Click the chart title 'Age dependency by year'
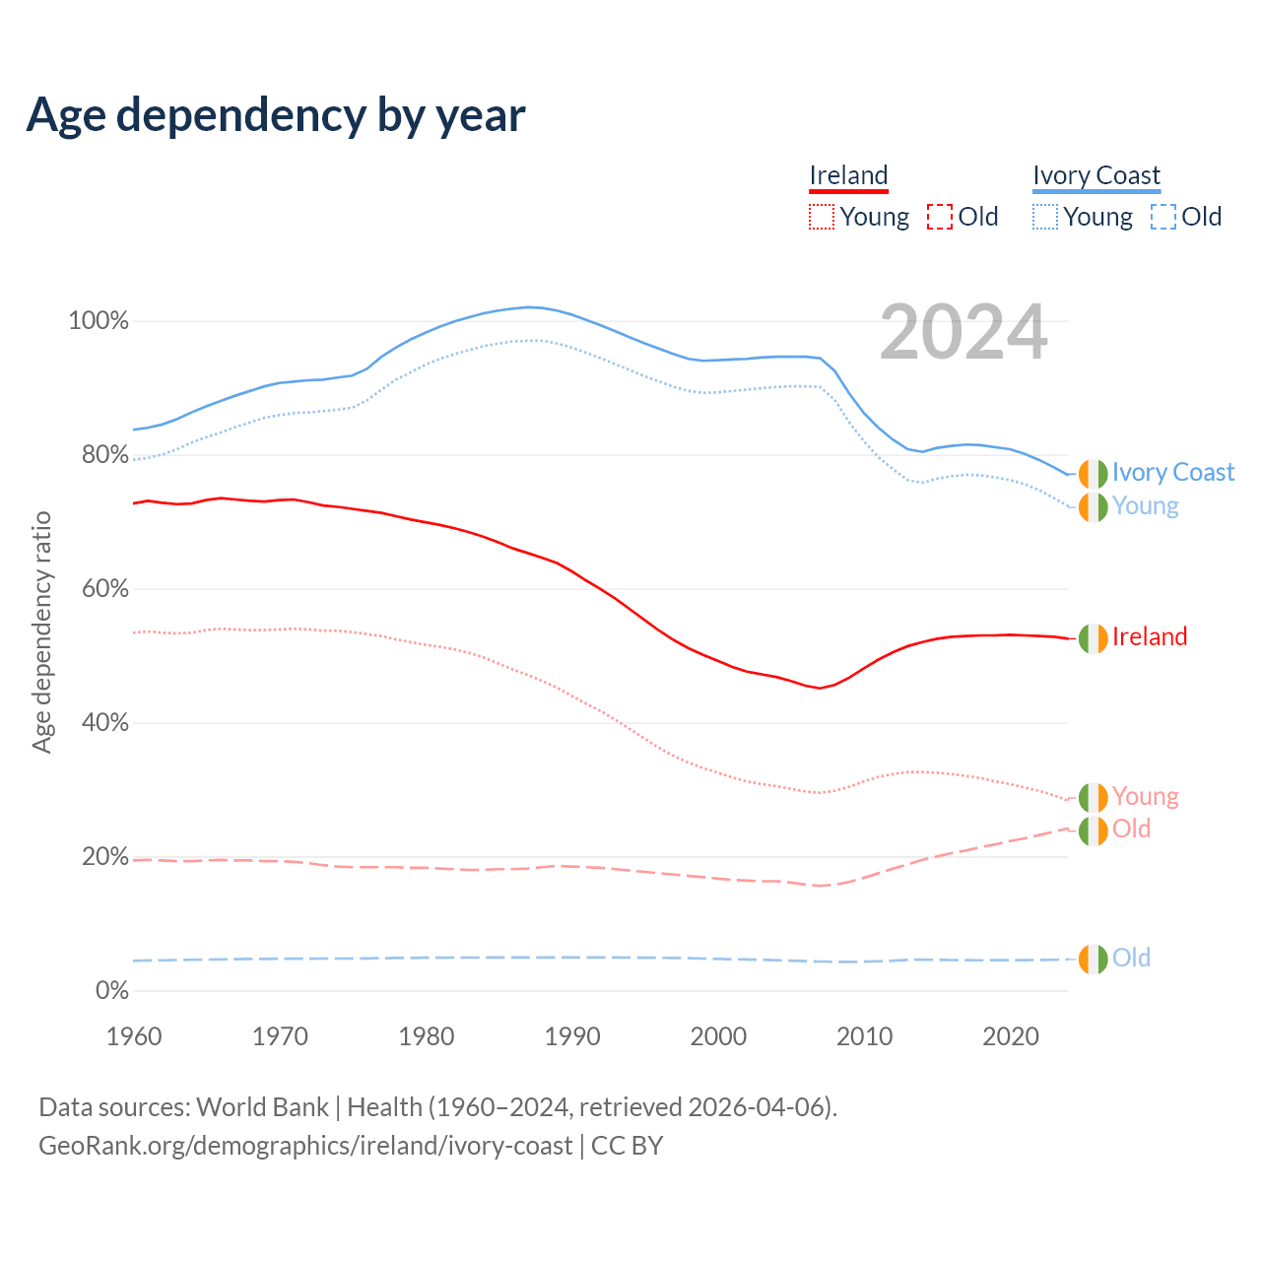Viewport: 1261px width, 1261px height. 276,115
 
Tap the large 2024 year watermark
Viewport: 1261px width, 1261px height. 963,333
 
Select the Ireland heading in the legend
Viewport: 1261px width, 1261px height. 848,175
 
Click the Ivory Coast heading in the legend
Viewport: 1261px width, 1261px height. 1096,175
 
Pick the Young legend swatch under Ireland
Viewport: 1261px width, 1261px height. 822,217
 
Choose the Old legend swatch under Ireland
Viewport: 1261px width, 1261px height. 940,217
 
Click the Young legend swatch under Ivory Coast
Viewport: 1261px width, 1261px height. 1045,217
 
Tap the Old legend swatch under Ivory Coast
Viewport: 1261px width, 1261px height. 1163,217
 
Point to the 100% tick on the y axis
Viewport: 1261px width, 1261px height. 99,321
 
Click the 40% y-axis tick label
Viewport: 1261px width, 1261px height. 104,723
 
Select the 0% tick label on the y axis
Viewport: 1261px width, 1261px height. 111,991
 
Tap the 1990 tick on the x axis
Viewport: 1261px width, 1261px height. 572,1036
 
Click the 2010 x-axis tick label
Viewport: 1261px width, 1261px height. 864,1036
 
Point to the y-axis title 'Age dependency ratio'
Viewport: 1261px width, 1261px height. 41,631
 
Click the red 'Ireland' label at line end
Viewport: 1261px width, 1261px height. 1150,637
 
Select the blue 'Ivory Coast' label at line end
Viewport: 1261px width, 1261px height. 1172,473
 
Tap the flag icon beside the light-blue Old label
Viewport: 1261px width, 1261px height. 1093,959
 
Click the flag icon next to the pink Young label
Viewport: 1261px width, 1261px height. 1093,797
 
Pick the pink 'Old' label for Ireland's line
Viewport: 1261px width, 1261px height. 1131,830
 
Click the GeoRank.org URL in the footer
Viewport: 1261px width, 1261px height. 305,1146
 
